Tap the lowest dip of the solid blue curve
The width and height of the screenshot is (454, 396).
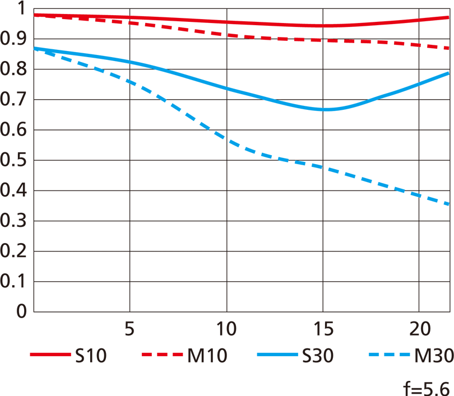point(324,109)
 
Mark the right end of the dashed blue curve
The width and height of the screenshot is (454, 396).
point(450,204)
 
